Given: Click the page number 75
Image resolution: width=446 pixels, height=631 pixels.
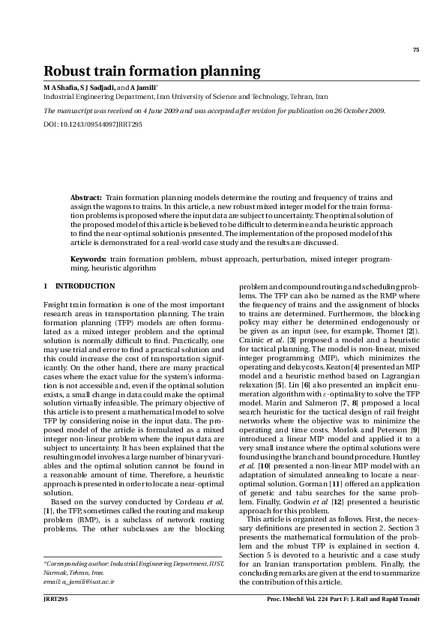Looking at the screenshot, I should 415,50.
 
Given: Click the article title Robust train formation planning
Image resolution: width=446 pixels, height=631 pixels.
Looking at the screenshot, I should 151,71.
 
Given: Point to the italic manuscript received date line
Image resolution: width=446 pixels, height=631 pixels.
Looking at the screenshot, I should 214,110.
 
